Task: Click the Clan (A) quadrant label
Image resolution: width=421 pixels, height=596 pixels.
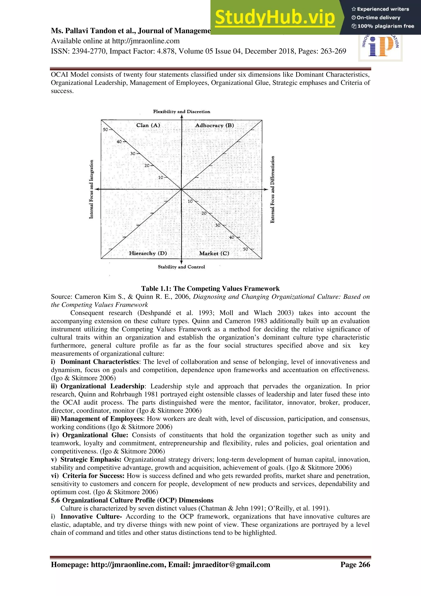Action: click(148, 125)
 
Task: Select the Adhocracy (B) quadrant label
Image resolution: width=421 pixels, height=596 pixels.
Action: click(214, 125)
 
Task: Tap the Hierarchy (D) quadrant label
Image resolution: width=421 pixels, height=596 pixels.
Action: click(148, 253)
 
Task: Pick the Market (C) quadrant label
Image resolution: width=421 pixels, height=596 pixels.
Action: click(214, 253)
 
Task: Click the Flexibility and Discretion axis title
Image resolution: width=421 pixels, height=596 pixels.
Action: click(182, 112)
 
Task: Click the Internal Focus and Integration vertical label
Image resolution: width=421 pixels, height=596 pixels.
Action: click(91, 189)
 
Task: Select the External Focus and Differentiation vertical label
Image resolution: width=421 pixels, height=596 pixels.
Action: click(272, 189)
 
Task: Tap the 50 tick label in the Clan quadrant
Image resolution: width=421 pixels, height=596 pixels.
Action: click(105, 129)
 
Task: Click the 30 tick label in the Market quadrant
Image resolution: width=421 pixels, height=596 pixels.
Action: click(218, 225)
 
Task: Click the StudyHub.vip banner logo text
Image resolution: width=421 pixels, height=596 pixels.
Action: click(275, 17)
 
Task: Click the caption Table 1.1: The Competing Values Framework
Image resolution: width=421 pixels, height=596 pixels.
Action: click(210, 289)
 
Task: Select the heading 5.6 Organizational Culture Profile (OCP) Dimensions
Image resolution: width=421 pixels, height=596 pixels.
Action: click(132, 500)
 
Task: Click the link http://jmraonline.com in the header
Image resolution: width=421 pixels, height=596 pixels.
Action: click(146, 41)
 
